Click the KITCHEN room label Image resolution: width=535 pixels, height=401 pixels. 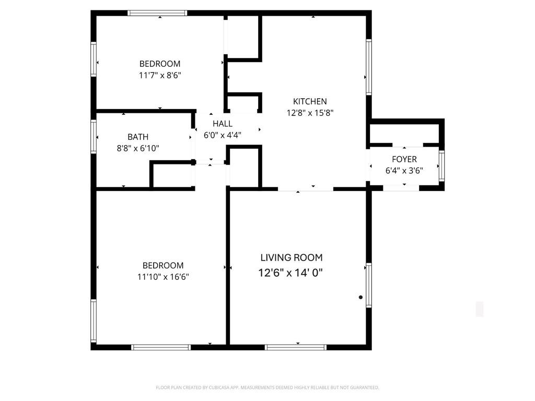click(x=310, y=101)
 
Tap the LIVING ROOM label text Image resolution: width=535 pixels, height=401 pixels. click(x=292, y=257)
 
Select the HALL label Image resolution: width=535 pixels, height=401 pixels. click(x=223, y=123)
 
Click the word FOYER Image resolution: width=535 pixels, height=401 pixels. click(x=404, y=159)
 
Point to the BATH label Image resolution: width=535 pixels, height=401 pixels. click(x=138, y=137)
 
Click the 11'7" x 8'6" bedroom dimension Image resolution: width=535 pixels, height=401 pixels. click(x=160, y=75)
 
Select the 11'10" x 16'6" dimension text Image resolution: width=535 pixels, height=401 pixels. click(x=163, y=277)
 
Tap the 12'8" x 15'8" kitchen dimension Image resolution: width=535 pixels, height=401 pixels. click(x=310, y=113)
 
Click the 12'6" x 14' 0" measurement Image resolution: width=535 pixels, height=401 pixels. click(x=290, y=273)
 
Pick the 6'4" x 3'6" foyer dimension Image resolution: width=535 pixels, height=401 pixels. click(x=404, y=171)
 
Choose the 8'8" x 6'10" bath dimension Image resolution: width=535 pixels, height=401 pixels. click(x=138, y=148)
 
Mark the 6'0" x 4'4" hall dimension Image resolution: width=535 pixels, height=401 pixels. click(x=223, y=135)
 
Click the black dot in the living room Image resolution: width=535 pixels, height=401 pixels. click(x=360, y=297)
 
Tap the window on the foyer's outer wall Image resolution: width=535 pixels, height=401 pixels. click(x=442, y=166)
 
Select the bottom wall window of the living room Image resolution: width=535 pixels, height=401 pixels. click(x=296, y=347)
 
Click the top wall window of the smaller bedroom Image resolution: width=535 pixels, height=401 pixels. click(x=157, y=13)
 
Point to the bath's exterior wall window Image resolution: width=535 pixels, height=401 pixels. click(x=94, y=136)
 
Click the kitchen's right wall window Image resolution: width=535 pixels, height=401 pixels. click(x=369, y=67)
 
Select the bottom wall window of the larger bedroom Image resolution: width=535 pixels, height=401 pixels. click(x=161, y=347)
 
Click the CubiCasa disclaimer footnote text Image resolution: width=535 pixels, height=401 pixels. click(x=267, y=387)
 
